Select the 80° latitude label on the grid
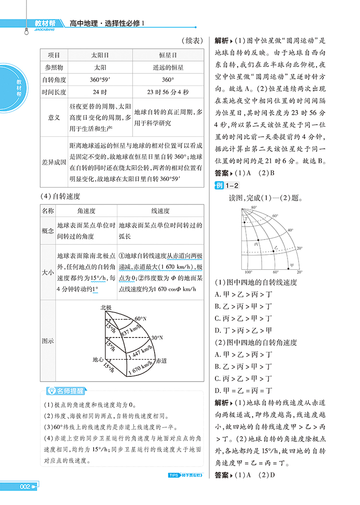(254, 207)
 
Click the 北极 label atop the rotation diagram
(106, 307)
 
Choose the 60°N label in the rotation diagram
(141, 319)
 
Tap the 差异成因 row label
(54, 162)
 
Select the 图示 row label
(48, 341)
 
